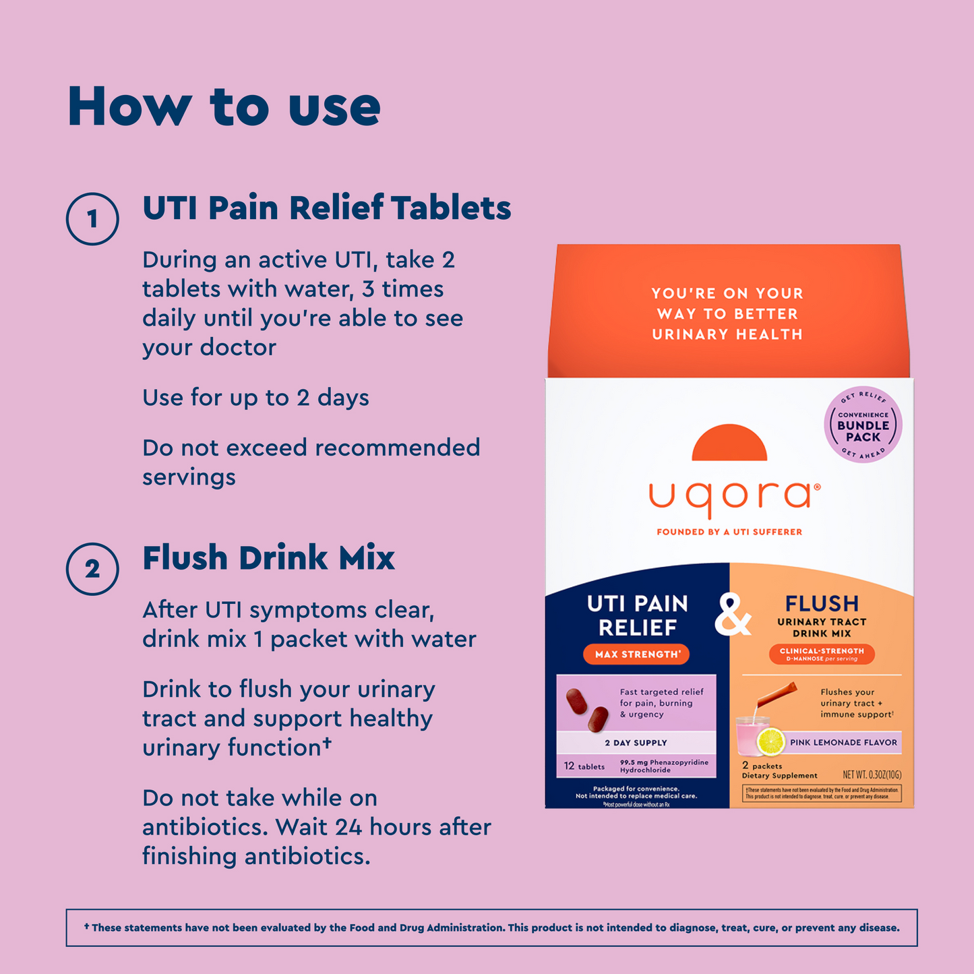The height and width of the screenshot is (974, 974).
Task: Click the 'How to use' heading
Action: pyautogui.click(x=224, y=106)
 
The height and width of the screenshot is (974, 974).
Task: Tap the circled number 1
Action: pyautogui.click(x=92, y=219)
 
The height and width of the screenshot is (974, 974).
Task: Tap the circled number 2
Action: pyautogui.click(x=92, y=569)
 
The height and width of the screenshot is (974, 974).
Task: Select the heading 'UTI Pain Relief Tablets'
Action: pyautogui.click(x=326, y=208)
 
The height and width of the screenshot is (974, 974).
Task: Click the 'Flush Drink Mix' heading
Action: pyautogui.click(x=268, y=558)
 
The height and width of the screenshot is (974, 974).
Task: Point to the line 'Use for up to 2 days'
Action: pyautogui.click(x=255, y=398)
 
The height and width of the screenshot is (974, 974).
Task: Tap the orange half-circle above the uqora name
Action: pyautogui.click(x=729, y=444)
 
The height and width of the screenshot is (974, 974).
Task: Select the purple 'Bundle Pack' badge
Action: pyautogui.click(x=863, y=425)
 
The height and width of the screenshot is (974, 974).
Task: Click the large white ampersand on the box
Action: pyautogui.click(x=733, y=615)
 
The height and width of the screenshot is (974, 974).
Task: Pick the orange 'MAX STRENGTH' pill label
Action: pyautogui.click(x=636, y=655)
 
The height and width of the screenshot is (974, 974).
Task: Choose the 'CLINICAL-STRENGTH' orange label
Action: pyautogui.click(x=822, y=654)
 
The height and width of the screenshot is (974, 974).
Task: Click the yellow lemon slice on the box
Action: pyautogui.click(x=770, y=741)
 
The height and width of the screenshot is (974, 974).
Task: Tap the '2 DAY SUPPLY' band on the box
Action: pyautogui.click(x=636, y=743)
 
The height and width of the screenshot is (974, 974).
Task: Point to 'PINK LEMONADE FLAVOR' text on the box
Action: pyautogui.click(x=843, y=743)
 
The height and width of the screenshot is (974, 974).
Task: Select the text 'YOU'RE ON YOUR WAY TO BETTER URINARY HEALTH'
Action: pyautogui.click(x=727, y=313)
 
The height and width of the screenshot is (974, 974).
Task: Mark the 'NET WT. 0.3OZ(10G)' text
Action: pyautogui.click(x=872, y=775)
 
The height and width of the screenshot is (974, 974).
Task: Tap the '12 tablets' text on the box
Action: pyautogui.click(x=584, y=766)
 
